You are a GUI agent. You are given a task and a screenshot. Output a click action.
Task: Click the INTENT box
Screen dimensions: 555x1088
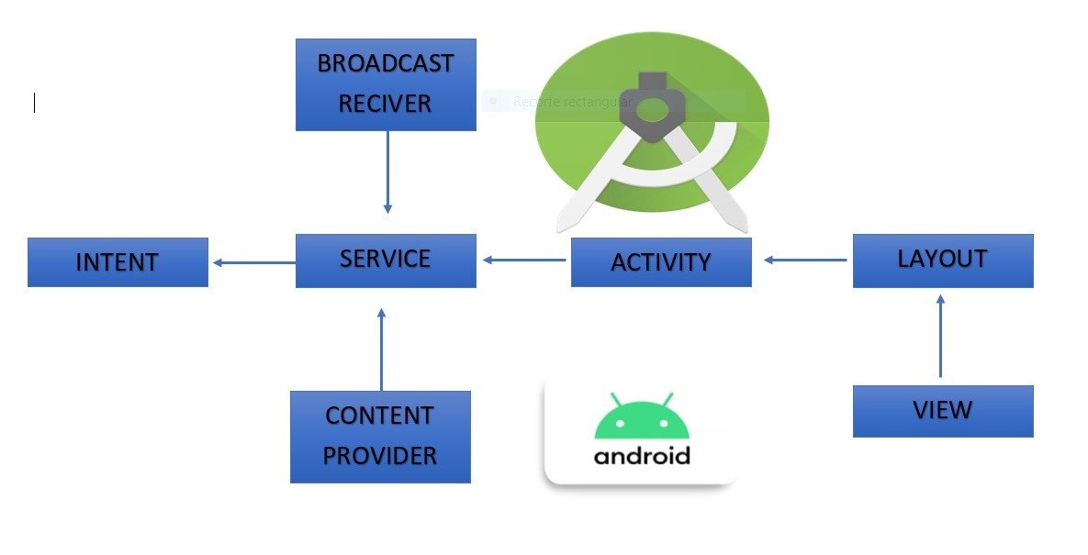(118, 262)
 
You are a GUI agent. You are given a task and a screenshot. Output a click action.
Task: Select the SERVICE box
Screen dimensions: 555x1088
(386, 261)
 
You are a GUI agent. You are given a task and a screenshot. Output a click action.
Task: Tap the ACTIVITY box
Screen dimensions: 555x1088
(661, 262)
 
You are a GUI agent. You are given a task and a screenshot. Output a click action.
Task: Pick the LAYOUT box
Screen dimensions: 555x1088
(943, 261)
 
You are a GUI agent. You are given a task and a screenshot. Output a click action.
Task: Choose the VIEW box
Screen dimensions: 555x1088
(943, 410)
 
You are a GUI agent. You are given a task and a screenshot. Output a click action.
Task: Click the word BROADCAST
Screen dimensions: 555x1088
(386, 63)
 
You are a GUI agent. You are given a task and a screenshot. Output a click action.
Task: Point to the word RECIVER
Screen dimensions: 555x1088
(386, 104)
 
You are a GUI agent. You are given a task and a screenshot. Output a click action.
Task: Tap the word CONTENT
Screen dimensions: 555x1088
(379, 416)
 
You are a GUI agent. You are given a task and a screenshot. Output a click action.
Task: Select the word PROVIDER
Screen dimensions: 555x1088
(379, 455)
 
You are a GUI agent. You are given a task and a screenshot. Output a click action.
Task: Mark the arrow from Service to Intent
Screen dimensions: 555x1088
(253, 263)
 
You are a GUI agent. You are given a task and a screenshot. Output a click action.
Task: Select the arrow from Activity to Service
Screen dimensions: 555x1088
(524, 261)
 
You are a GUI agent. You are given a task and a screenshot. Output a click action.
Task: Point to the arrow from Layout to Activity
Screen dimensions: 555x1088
(805, 261)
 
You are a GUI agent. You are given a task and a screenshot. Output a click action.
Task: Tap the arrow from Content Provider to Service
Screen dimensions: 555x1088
(381, 350)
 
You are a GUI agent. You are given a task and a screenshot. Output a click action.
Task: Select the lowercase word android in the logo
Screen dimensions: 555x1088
(642, 455)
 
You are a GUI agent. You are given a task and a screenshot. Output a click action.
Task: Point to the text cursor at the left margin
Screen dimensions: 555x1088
(34, 103)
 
